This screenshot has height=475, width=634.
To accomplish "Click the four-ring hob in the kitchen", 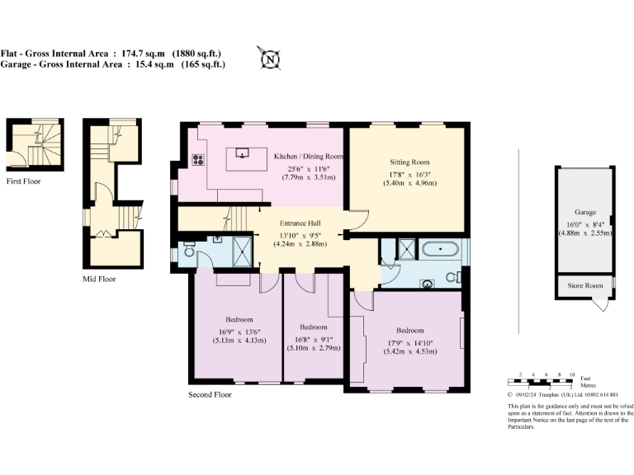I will click(198, 161).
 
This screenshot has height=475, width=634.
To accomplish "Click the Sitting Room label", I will click(409, 162).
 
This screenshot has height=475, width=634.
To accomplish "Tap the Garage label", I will click(585, 212).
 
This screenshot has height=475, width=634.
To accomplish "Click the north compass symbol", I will click(268, 59).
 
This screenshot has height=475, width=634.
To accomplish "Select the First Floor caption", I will click(23, 181).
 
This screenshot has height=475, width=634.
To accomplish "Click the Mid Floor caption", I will click(99, 279).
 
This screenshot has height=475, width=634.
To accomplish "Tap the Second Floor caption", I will click(210, 394).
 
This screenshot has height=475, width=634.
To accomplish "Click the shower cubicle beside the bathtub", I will click(407, 247).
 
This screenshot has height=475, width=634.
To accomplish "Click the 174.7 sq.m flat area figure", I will click(143, 54).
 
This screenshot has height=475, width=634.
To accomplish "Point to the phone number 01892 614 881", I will click(604, 395).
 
